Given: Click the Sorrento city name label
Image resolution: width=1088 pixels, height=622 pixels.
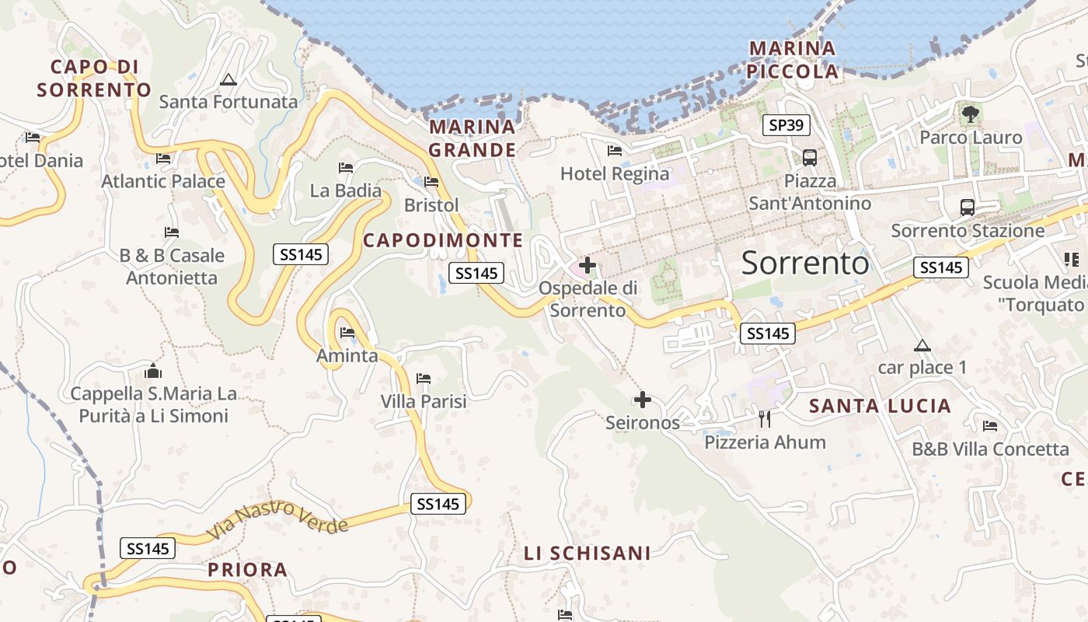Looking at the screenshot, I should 805,264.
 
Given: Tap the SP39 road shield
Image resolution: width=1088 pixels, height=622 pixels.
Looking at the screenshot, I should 786,125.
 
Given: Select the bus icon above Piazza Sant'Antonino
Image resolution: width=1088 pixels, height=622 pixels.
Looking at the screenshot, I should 810,158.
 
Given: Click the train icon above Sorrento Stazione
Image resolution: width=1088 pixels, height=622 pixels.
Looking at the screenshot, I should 968,208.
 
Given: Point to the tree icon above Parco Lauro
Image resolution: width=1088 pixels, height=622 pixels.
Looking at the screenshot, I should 970,114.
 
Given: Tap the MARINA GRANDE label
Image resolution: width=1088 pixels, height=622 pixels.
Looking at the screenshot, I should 472,138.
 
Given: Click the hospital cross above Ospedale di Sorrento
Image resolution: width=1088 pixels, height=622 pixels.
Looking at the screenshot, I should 588,265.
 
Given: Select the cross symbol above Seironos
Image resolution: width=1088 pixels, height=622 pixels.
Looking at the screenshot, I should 643,400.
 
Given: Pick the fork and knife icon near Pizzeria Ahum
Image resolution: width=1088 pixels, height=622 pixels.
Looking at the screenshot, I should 765,419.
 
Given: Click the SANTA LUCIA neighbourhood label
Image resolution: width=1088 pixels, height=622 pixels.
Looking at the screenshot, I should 880,406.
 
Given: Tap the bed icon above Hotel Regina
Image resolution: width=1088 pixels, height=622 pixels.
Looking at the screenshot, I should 615,151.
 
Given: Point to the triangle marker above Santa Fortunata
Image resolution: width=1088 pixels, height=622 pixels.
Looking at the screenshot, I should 228,79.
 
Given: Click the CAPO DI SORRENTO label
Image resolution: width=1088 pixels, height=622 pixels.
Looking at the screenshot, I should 94,78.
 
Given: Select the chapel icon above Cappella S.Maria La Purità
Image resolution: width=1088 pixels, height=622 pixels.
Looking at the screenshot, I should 153,371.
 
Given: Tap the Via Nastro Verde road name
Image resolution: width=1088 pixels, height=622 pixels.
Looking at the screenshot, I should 277,520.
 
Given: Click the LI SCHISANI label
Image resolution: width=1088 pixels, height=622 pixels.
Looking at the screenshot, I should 587,554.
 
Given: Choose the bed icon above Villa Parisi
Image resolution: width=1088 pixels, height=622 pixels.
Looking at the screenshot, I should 424,379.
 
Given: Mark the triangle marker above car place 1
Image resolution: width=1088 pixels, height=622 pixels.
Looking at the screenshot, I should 922,345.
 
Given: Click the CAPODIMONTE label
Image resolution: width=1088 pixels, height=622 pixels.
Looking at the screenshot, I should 443,241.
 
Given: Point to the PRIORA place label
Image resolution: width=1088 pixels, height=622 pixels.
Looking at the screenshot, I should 247,570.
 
